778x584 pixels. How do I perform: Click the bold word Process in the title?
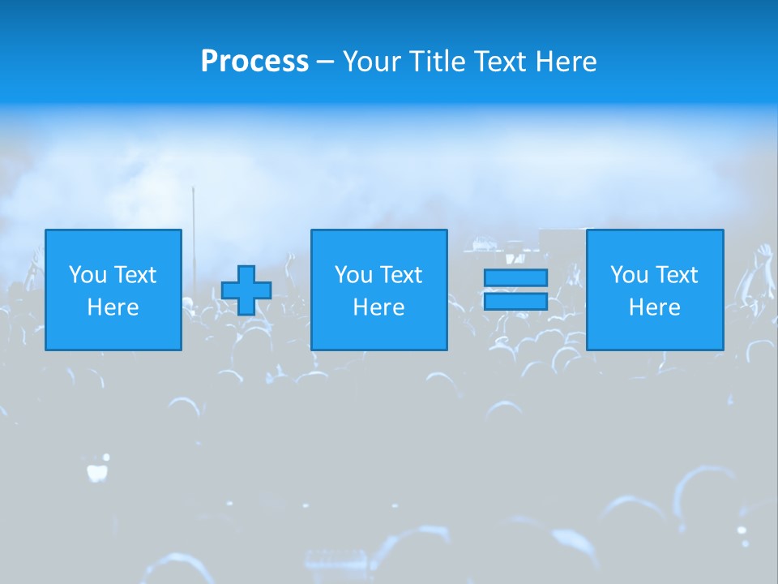point(254,62)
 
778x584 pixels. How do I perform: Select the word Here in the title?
point(566,62)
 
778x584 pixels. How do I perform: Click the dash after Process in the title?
point(325,62)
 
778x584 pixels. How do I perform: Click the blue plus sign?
point(246,290)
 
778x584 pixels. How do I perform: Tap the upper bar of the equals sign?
point(515,278)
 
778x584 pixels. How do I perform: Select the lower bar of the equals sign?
point(515,302)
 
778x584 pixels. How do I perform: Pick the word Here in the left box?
point(113,307)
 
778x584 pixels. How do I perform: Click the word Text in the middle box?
point(401,275)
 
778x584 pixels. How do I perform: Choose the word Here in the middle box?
point(378,307)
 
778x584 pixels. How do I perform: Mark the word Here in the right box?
point(654,307)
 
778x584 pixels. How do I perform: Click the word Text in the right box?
point(677,275)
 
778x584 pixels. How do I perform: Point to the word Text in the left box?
point(135,275)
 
